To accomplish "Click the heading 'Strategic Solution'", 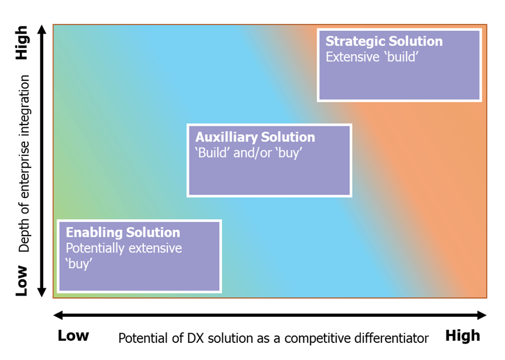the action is pos(384,42).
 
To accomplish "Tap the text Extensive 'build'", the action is pos(372,57).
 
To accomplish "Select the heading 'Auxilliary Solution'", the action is pos(255,137).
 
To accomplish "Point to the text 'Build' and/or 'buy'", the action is pos(249,152).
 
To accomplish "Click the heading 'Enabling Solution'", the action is pos(123,233).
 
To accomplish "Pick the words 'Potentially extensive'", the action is pos(123,249).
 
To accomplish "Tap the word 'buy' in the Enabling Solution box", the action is pos(78,264).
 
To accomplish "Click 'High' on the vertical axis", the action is pos(22,43).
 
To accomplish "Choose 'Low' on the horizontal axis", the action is pos(73,336).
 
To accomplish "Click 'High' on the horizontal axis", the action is pos(462,336).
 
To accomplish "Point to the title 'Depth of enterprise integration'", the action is pos(24,163).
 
